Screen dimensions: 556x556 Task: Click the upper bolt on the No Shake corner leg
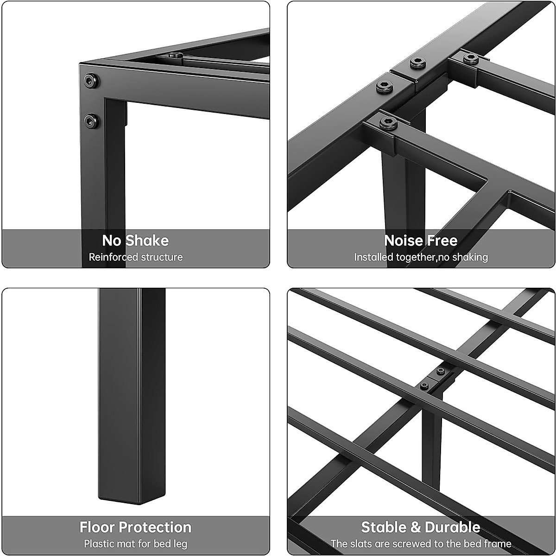(91, 82)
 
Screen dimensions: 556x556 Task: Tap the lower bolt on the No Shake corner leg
(91, 121)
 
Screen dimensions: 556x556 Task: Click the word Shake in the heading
(147, 240)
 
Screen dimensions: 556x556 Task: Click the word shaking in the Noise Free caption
(468, 257)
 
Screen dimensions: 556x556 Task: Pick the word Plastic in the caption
(99, 543)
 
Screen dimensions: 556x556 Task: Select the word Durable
(452, 527)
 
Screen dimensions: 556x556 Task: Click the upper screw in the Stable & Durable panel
(440, 371)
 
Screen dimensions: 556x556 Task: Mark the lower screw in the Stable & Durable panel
(424, 385)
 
